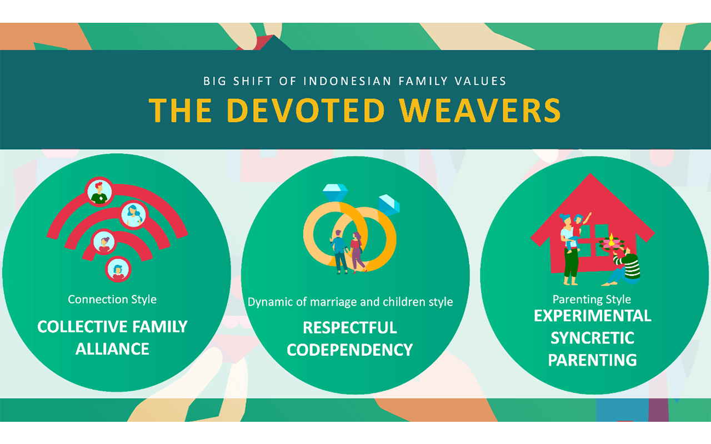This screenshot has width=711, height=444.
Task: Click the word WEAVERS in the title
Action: [480, 110]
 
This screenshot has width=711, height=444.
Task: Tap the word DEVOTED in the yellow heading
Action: [306, 110]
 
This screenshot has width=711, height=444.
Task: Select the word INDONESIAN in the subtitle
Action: [347, 81]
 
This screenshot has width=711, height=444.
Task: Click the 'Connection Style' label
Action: [112, 299]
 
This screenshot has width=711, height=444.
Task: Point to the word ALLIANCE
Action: [112, 349]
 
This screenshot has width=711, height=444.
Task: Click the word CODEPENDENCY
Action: [350, 350]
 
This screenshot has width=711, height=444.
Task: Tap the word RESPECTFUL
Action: [350, 327]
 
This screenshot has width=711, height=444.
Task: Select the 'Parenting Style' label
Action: [592, 299]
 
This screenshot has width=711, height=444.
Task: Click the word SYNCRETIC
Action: [592, 338]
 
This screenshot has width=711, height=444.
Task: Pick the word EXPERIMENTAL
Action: [593, 316]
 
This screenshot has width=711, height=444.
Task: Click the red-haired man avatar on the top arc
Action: [99, 192]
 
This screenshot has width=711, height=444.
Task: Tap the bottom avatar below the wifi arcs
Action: [118, 270]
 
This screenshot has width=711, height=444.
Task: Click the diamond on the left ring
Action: [335, 193]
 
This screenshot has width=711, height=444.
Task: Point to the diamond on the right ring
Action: [389, 205]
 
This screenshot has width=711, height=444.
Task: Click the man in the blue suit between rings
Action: [339, 252]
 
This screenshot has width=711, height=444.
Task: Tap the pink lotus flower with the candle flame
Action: [611, 243]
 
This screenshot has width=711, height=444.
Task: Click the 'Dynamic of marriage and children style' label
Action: [350, 302]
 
